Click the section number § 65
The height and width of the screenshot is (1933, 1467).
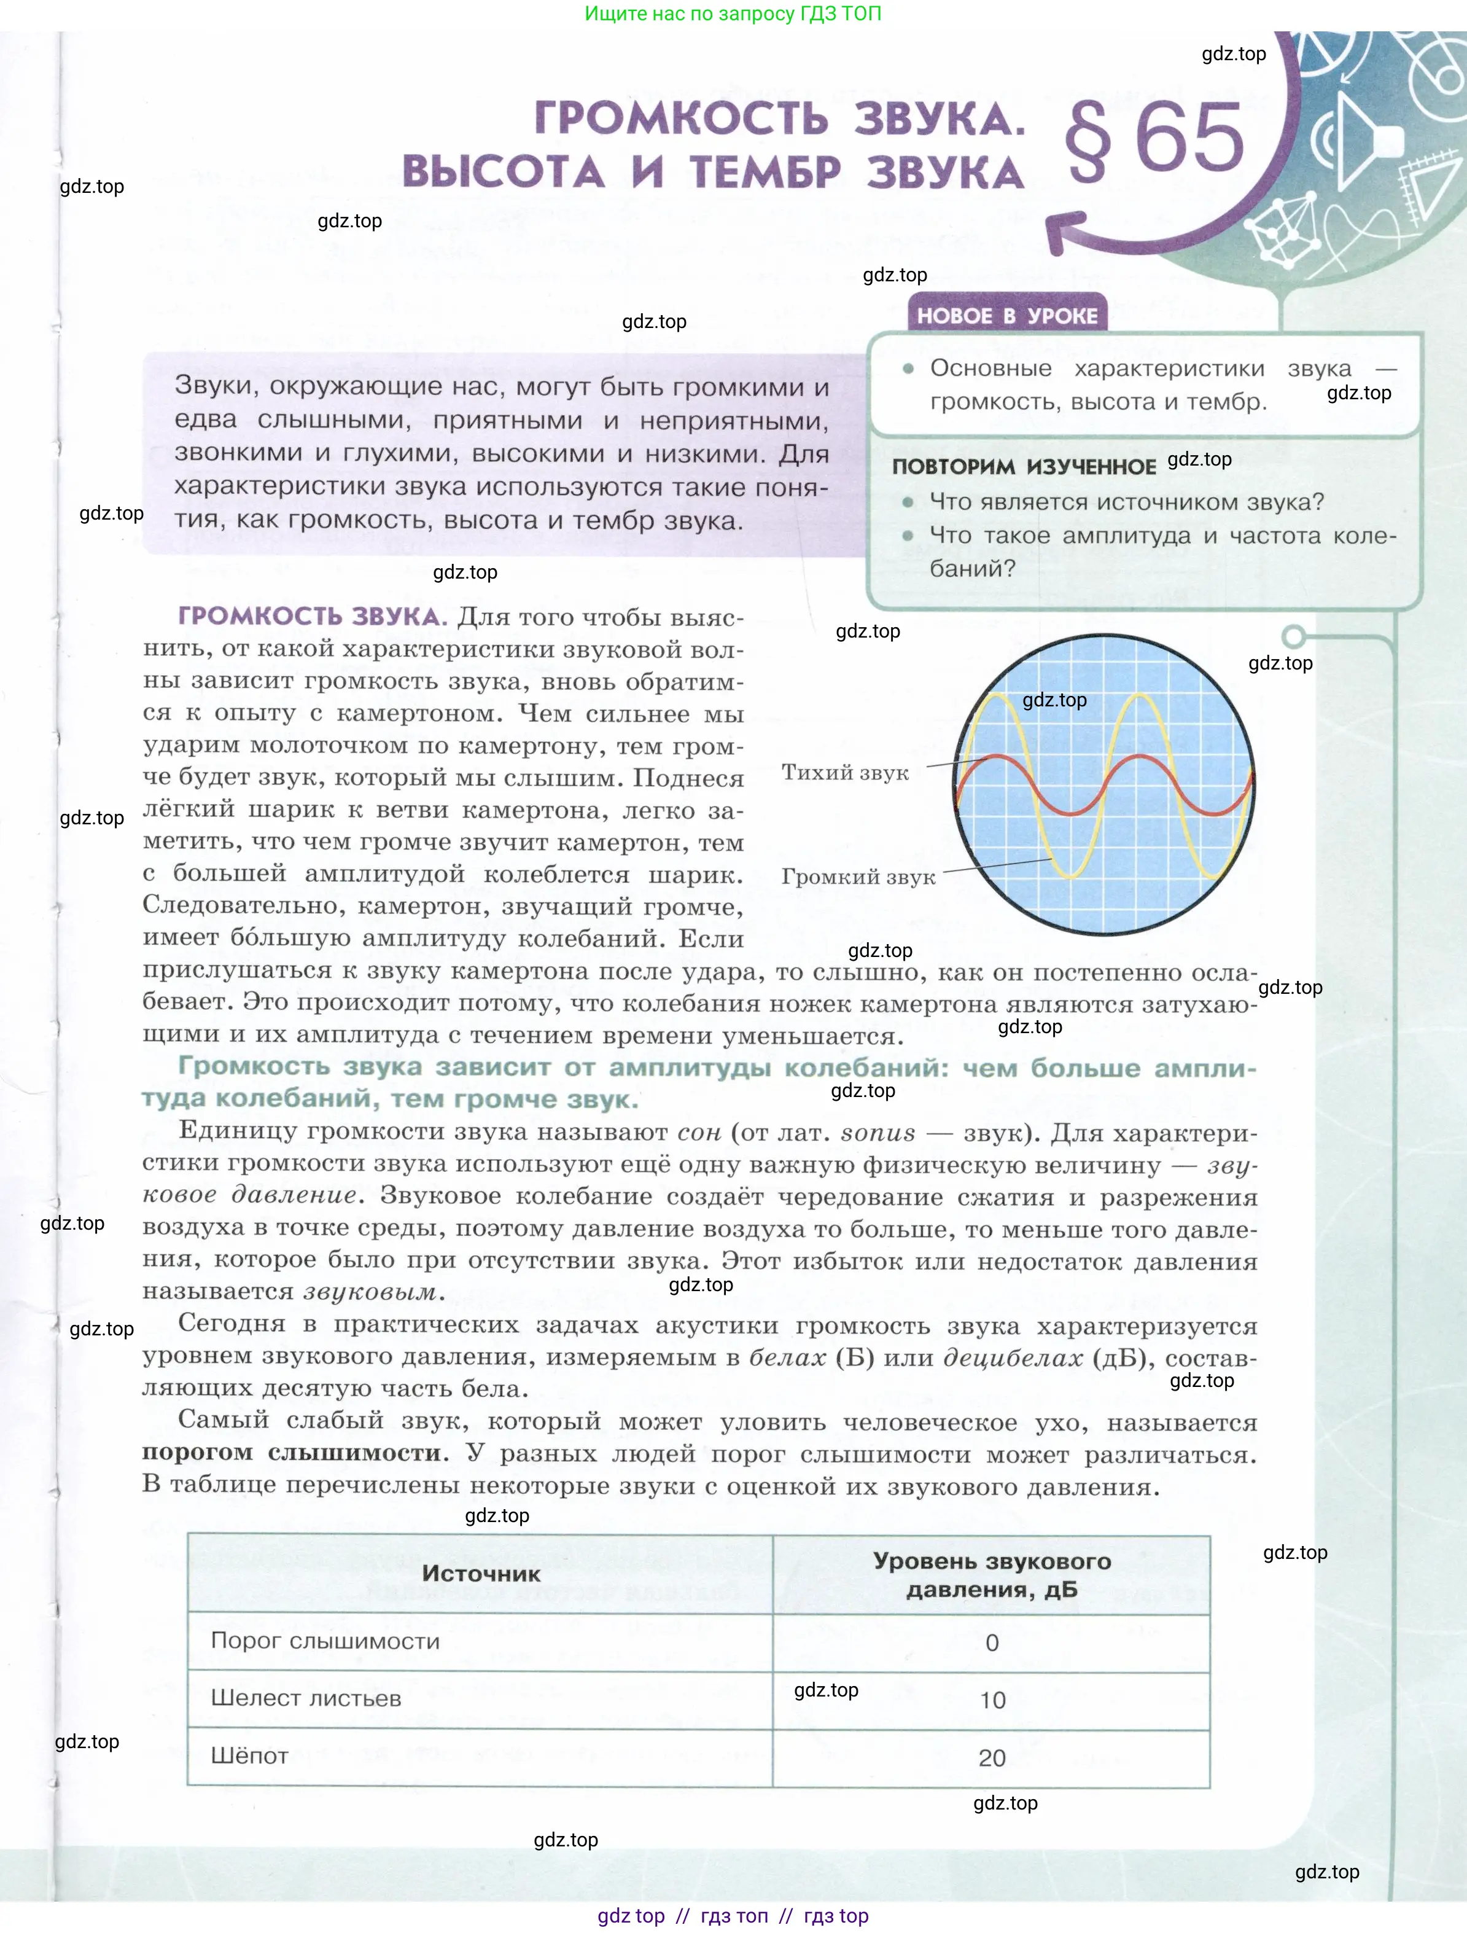coord(1153,140)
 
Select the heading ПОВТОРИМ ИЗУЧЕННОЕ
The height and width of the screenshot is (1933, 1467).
coord(1023,467)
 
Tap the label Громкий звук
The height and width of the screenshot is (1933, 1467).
coord(857,877)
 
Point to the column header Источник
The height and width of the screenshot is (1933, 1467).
coord(481,1573)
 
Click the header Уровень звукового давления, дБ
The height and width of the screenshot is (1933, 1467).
coord(992,1575)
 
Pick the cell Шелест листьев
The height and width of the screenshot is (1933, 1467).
coord(306,1698)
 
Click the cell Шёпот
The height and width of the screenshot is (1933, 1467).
coord(250,1755)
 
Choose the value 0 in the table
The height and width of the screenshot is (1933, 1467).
coord(992,1643)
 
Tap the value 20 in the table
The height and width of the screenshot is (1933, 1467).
coord(992,1757)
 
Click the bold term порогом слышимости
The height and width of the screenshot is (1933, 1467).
coord(295,1453)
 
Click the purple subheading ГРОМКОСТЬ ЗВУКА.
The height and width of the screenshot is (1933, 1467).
coord(312,616)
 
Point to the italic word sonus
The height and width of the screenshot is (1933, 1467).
coord(877,1133)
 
